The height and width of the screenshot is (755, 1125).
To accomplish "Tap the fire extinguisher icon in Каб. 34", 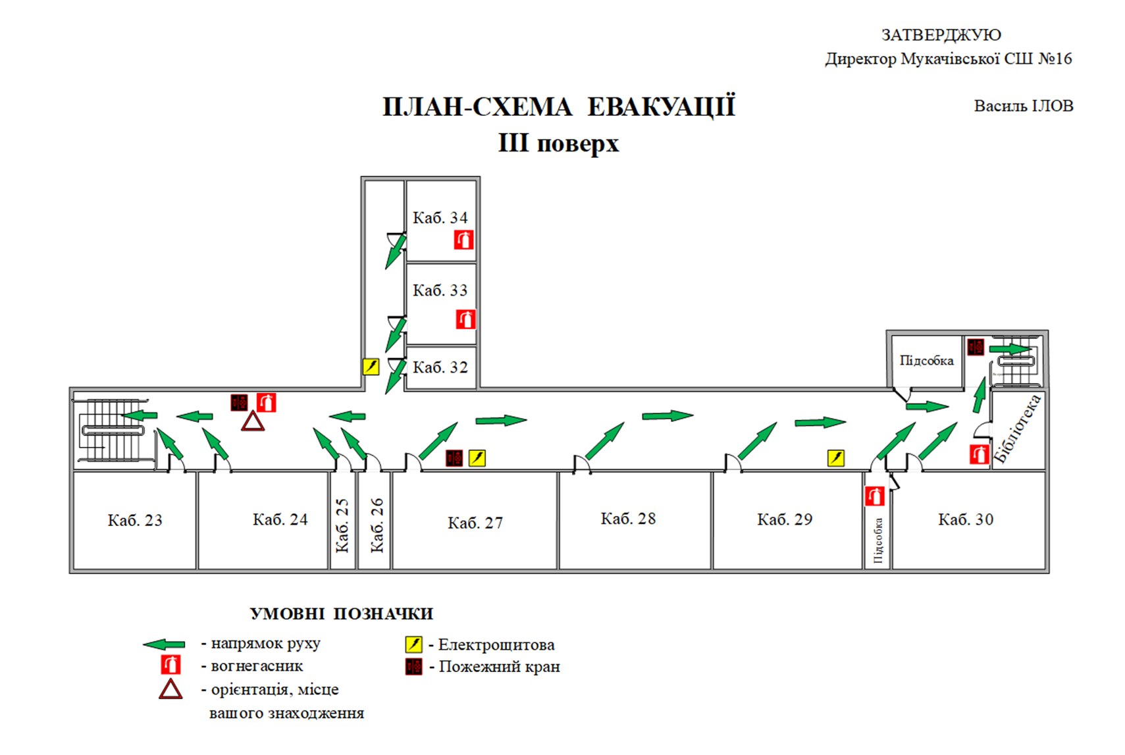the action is tap(463, 240).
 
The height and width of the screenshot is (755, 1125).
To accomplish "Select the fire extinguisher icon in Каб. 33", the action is tap(465, 319).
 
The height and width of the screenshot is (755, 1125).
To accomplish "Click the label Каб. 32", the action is tap(440, 367).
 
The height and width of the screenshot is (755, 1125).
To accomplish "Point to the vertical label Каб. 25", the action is tap(342, 525).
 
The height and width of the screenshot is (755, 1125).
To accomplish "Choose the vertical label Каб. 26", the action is tap(377, 525).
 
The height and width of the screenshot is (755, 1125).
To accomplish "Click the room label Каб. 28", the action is tap(628, 519).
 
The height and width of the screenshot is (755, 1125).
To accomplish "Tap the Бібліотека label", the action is tap(1018, 429).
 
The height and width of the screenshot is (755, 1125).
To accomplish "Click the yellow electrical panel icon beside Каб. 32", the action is tap(371, 367).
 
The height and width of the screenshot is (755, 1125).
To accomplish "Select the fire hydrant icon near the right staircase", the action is tap(976, 347).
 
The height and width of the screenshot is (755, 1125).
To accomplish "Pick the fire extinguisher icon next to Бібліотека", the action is tap(979, 454).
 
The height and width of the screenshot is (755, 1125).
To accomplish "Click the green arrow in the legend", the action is tap(164, 644).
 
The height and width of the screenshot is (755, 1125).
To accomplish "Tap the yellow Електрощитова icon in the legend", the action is tap(414, 644).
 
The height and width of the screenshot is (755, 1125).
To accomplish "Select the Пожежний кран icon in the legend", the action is tap(414, 667).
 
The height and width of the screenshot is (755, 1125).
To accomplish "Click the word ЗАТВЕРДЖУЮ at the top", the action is tap(941, 35).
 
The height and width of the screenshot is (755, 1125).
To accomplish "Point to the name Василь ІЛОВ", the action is tap(1024, 106).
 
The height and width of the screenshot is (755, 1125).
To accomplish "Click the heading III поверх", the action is tap(558, 143).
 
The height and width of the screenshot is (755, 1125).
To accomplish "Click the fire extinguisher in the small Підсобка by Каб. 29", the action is tap(874, 496).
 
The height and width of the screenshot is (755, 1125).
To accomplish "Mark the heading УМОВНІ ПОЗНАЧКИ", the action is tap(342, 614).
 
